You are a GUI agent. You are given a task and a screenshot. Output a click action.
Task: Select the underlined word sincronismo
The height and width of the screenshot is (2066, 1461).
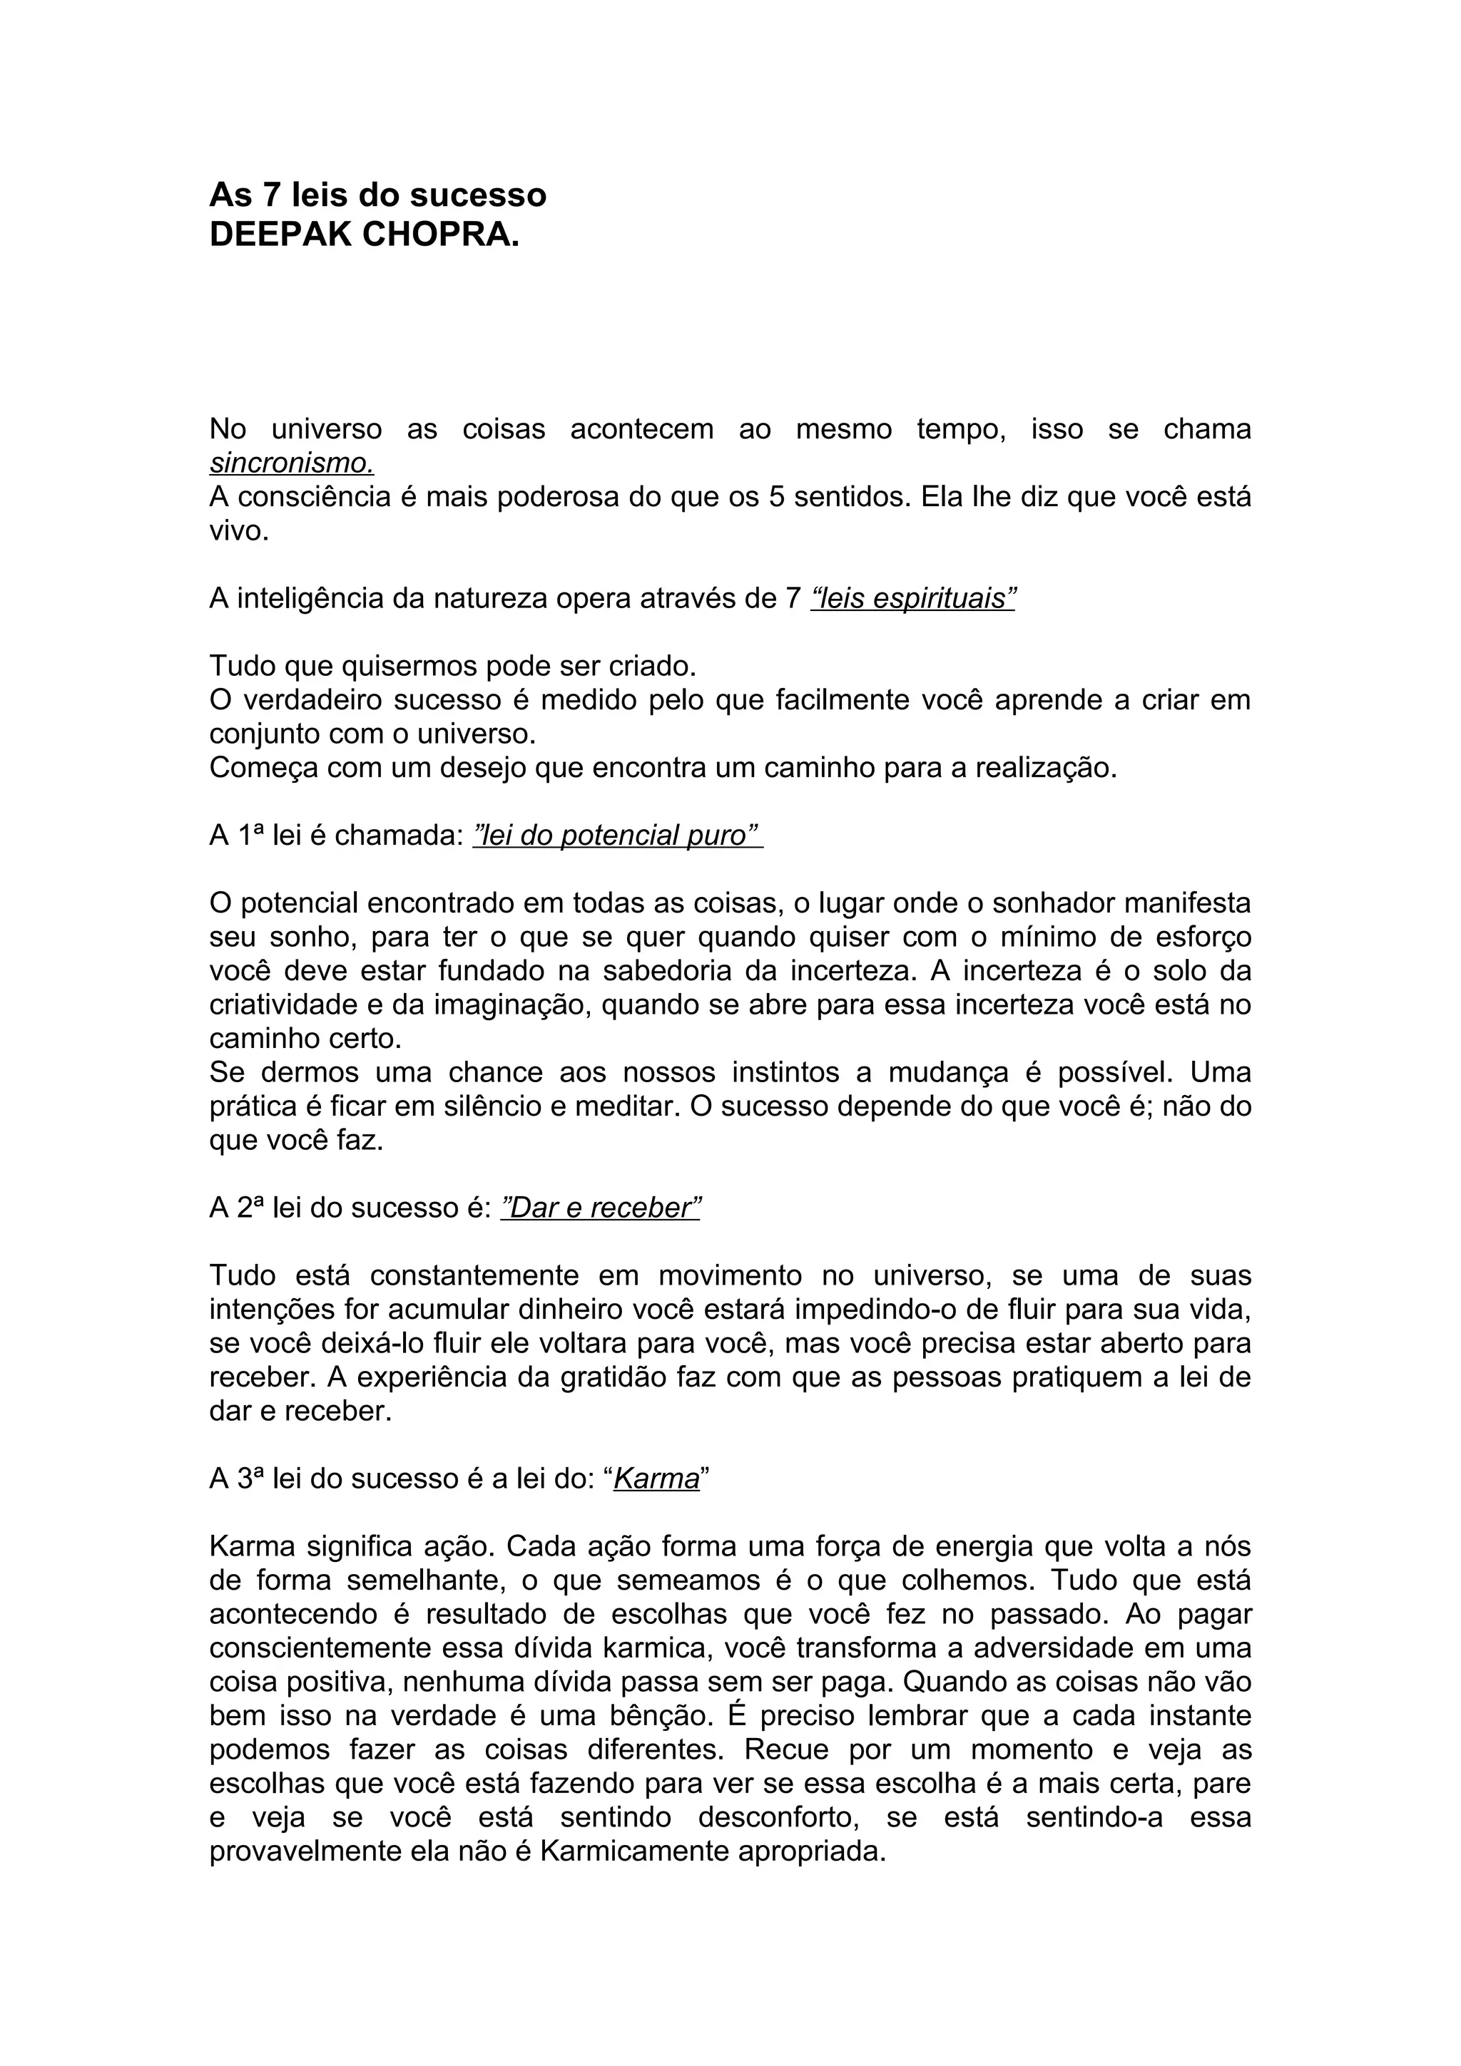(291, 463)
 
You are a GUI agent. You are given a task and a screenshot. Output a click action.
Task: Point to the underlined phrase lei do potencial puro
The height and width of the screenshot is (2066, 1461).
(618, 836)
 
